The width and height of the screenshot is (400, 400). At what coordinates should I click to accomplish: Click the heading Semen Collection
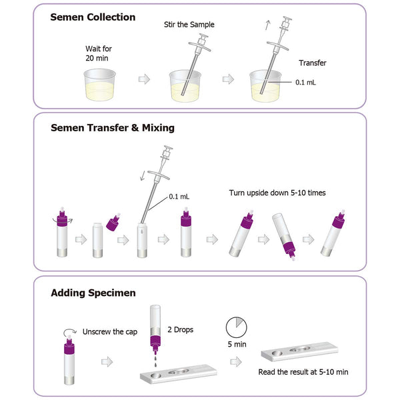(x=93, y=17)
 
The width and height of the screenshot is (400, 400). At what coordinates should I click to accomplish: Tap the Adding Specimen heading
(x=93, y=293)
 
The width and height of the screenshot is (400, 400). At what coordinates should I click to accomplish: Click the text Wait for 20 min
(x=98, y=53)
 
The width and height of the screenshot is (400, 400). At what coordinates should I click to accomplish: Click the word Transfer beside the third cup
(x=312, y=63)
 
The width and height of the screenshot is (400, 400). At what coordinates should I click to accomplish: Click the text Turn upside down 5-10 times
(x=277, y=193)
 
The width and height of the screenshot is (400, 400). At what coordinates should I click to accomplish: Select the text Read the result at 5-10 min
(x=303, y=372)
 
